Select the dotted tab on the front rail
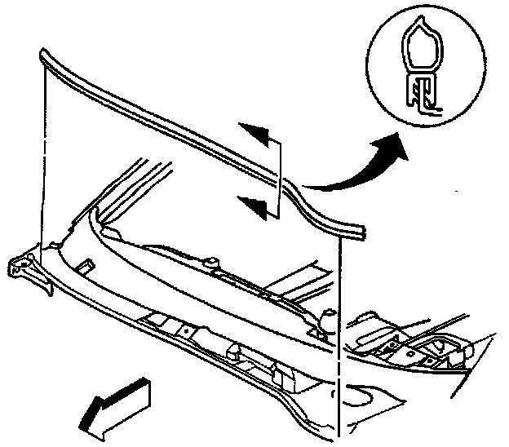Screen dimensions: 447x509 click(x=187, y=331)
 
